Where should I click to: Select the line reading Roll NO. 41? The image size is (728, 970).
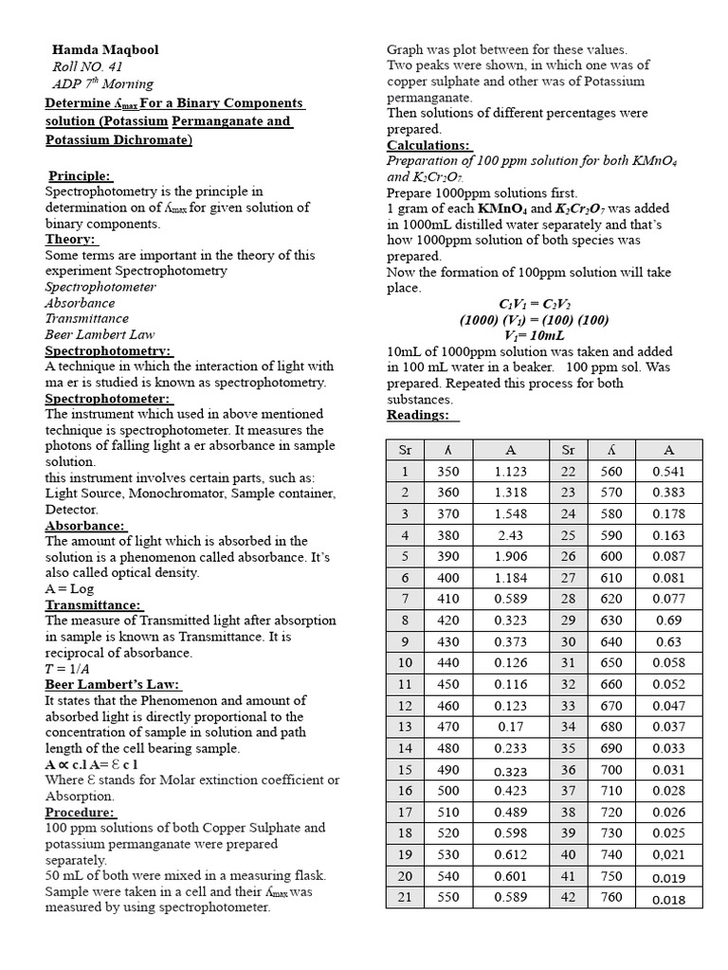coord(93,66)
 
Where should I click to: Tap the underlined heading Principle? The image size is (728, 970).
coord(80,175)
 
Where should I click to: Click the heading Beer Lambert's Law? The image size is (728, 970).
coord(112,685)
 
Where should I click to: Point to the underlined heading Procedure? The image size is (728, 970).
coord(81,812)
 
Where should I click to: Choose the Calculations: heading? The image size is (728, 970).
coord(428,145)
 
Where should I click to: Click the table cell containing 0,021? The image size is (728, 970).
coord(668,855)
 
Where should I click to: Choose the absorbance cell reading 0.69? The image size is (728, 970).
coord(668,620)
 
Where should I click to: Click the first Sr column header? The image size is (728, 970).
coord(405,450)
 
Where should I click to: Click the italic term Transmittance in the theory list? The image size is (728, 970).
coord(87,318)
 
